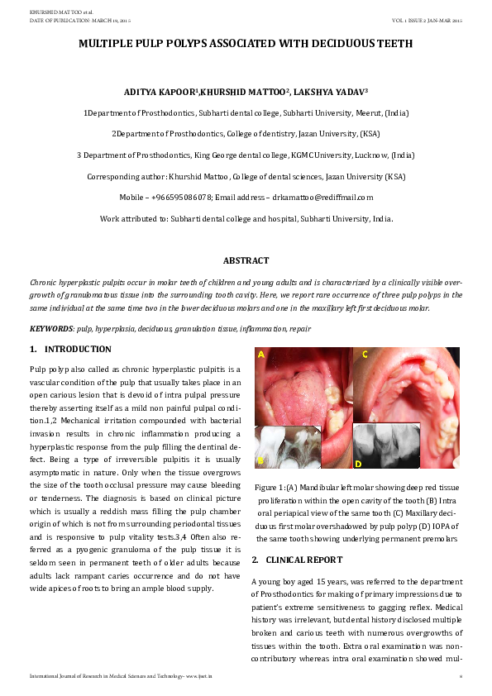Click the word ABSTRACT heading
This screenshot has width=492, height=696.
(x=246, y=260)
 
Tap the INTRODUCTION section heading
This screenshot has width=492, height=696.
(x=77, y=350)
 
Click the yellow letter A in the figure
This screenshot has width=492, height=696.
(x=261, y=355)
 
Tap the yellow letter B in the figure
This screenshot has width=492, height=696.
(x=260, y=459)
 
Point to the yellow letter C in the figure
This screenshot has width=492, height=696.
(x=365, y=355)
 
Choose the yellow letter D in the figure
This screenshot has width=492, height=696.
(x=358, y=464)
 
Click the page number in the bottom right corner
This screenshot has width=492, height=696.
(x=460, y=676)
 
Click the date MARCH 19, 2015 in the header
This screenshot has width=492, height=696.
(x=110, y=19)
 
